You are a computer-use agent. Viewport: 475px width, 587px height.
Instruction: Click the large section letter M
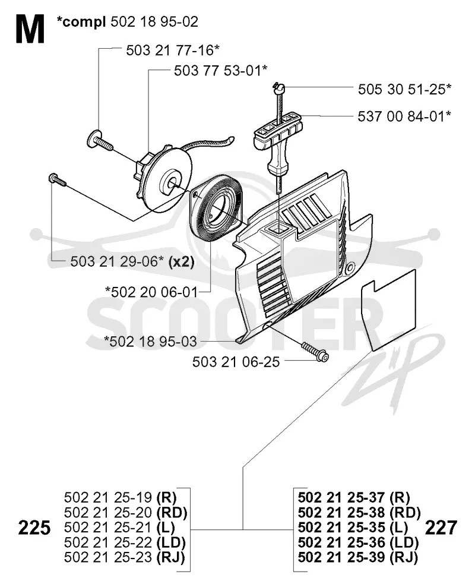pos(30,30)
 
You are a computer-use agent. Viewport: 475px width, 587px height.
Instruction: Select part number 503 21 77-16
pos(172,50)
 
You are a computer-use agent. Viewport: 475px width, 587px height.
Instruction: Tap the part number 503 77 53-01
pos(221,70)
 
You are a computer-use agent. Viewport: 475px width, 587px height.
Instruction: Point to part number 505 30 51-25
pos(405,89)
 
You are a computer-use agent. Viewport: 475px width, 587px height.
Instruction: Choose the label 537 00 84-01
pos(404,116)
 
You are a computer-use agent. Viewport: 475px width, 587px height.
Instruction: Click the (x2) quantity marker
pos(182,261)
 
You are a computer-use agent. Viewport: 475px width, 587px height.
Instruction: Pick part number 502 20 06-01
pos(151,292)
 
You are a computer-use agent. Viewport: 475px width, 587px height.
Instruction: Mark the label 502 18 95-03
pos(150,341)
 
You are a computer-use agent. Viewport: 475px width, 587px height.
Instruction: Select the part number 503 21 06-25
pos(236,362)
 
